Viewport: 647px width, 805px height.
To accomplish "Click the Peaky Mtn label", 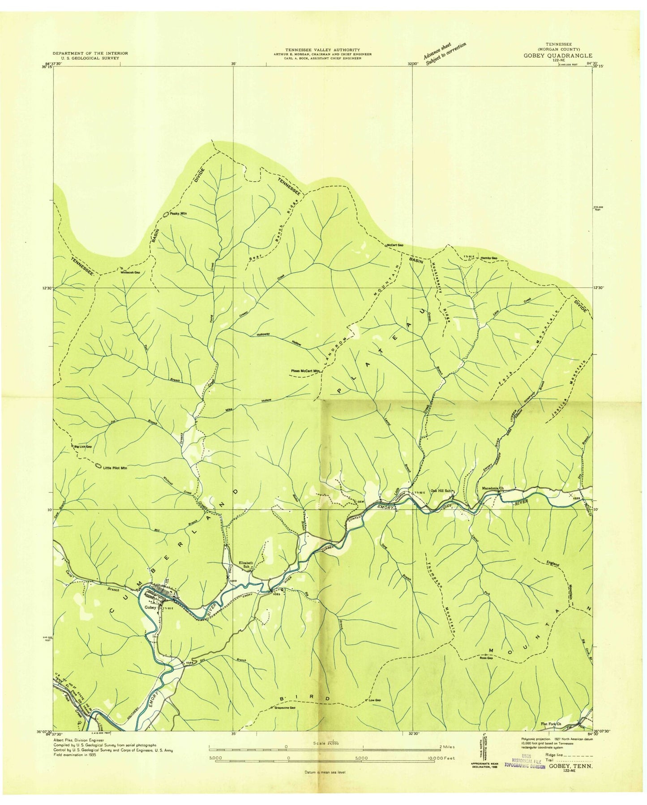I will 177,214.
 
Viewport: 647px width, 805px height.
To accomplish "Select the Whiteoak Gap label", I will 130,272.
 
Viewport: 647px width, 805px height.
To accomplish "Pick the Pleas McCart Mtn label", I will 306,371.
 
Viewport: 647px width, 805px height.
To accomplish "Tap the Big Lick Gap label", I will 82,447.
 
